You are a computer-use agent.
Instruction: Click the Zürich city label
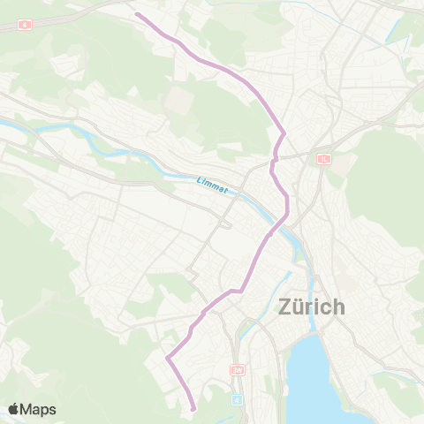[311, 307]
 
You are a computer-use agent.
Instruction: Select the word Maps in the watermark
[39, 409]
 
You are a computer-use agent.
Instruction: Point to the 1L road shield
[323, 159]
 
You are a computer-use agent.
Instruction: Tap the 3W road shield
[236, 369]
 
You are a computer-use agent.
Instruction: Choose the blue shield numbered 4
[236, 398]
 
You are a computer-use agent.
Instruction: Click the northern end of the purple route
[136, 14]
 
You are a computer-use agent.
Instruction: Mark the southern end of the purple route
[193, 408]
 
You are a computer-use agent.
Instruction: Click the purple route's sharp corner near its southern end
[167, 358]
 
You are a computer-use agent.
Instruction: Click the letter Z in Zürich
[285, 308]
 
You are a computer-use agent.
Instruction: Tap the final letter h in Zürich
[337, 307]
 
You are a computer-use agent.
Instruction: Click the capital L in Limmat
[199, 183]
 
